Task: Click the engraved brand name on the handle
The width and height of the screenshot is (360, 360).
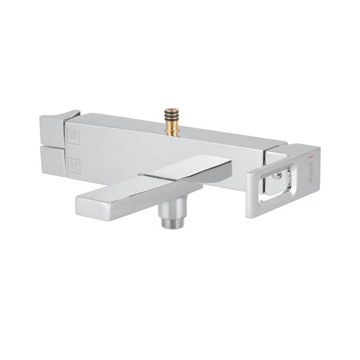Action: click(310, 173)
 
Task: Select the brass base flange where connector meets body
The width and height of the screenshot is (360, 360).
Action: click(171, 132)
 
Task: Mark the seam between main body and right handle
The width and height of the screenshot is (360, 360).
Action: click(265, 153)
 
